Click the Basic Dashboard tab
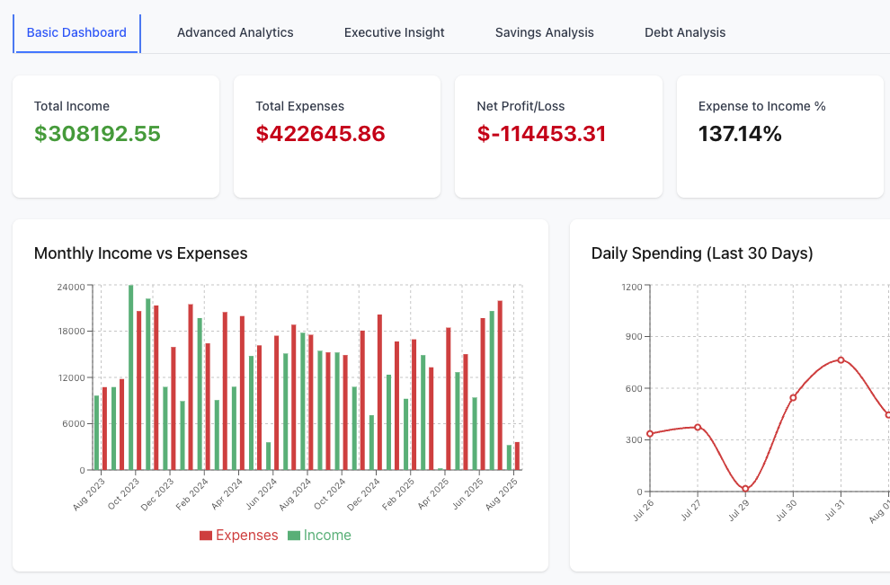[x=76, y=32]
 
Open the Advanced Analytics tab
[x=235, y=32]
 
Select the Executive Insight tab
[x=394, y=32]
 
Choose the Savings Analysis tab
[x=544, y=32]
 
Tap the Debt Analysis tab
[x=684, y=32]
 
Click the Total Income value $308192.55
[x=97, y=134]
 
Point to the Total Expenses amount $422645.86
[x=320, y=134]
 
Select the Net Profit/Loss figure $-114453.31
[x=541, y=134]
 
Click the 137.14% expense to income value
[x=740, y=134]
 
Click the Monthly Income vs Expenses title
[x=140, y=253]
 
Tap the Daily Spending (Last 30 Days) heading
[x=701, y=253]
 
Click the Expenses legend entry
[x=239, y=536]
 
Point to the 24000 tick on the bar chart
[x=71, y=287]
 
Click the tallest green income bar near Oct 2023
[x=131, y=377]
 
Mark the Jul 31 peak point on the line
[x=841, y=359]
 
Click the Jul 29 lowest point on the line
[x=745, y=489]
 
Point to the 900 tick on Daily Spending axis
[x=632, y=337]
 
